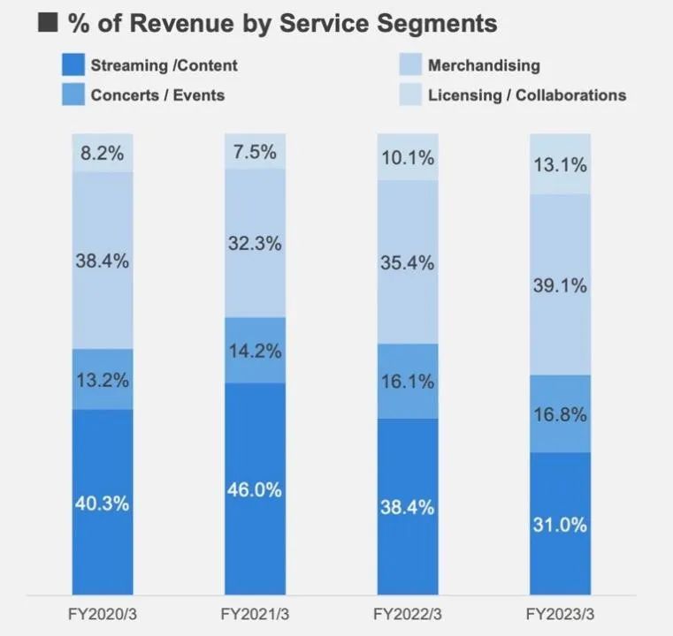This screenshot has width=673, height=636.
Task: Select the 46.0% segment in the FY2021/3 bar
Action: point(255,488)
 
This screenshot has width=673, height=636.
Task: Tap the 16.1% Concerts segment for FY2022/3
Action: point(407,381)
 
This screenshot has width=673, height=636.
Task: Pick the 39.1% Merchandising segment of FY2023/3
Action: point(560,284)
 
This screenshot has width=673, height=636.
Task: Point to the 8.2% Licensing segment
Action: point(103,153)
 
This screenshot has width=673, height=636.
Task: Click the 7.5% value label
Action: point(255,151)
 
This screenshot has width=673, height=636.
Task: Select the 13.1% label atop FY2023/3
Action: point(560,164)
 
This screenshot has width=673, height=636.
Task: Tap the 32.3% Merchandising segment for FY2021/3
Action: point(255,243)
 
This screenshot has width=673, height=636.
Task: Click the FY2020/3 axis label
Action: point(103,614)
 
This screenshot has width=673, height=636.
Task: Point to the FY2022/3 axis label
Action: point(407,614)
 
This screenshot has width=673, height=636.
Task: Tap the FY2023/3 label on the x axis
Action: point(560,614)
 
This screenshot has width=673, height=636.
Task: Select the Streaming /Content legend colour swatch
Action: point(73,64)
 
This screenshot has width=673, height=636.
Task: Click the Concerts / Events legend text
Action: point(157,95)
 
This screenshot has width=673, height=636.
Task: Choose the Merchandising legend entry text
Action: point(483,64)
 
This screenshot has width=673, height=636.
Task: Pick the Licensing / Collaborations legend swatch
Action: point(409,95)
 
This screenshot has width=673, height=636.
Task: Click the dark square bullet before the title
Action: point(49,22)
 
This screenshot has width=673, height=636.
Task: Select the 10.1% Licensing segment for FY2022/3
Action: point(407,157)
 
